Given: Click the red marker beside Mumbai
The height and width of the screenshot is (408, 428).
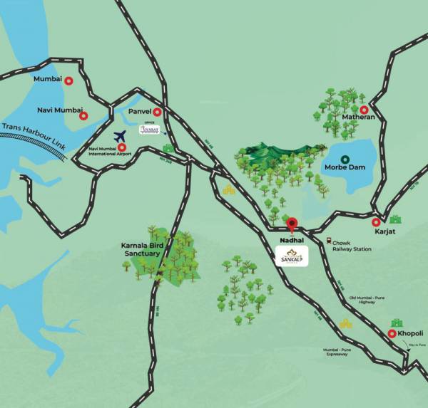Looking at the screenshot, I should (69, 82).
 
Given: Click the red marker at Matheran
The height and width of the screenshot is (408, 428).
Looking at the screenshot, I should (365, 110).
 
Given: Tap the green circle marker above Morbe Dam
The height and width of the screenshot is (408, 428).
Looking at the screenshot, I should (345, 159).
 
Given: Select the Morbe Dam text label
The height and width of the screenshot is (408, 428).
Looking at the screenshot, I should (345, 169).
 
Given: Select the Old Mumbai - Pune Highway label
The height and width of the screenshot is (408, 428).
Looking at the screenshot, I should (371, 300).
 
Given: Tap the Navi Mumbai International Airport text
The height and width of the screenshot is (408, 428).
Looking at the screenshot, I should (107, 151).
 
